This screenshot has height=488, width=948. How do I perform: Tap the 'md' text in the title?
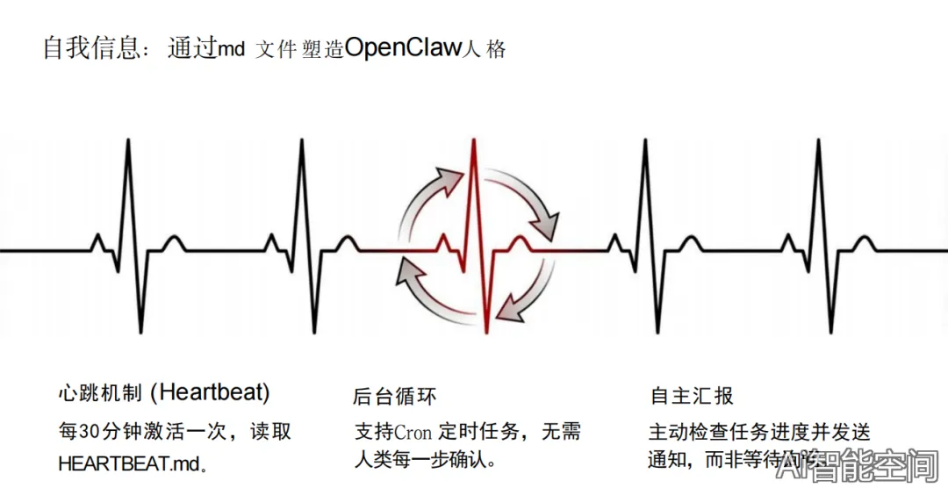tap(231, 50)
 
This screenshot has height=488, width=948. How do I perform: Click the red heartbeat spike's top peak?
tap(474, 140)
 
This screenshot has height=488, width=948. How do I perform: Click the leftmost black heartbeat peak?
tap(129, 140)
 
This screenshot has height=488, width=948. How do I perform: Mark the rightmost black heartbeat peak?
tap(818, 140)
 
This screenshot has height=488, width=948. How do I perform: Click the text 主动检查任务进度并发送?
tap(759, 432)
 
